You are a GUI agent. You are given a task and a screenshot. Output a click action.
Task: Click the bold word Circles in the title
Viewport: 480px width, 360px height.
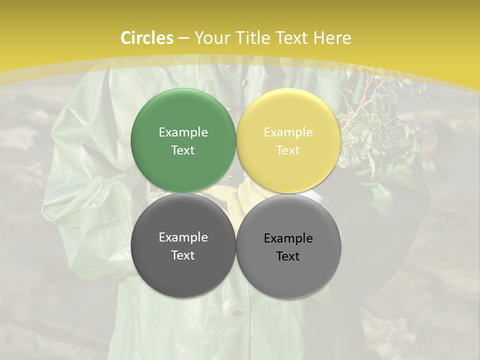tap(146, 38)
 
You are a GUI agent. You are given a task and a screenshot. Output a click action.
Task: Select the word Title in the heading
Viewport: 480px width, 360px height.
tap(254, 38)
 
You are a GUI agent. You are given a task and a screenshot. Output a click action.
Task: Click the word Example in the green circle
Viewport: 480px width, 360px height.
tap(183, 132)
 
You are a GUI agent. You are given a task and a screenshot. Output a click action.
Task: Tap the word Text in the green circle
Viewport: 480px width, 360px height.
tap(183, 150)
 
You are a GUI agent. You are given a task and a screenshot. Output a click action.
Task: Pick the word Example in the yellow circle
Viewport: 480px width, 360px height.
tap(288, 132)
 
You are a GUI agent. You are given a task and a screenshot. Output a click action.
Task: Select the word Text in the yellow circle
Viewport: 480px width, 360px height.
tap(288, 150)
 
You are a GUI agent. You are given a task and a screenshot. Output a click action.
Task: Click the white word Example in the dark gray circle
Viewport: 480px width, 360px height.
tap(183, 237)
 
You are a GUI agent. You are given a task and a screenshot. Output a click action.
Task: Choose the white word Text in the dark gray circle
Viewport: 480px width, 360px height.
tap(183, 255)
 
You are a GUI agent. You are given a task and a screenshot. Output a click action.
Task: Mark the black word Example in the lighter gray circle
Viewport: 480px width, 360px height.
tap(288, 238)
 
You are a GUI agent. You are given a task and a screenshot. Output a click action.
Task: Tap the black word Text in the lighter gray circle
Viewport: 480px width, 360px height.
tap(288, 256)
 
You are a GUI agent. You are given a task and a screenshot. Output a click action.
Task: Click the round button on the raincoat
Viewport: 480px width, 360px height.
tap(236, 312)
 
